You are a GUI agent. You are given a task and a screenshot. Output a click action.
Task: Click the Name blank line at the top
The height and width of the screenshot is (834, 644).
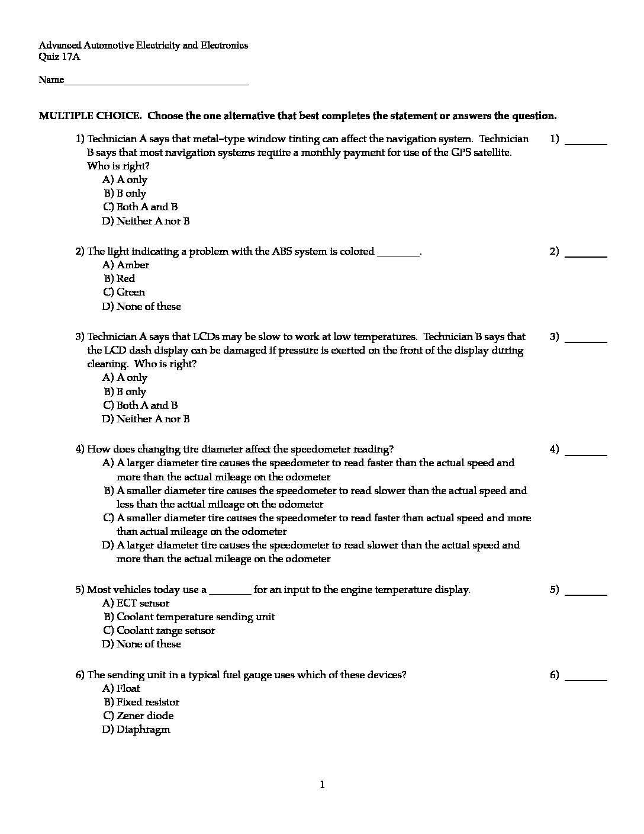pos(156,83)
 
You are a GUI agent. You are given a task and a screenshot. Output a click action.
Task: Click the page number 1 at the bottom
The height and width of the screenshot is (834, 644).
pos(322,785)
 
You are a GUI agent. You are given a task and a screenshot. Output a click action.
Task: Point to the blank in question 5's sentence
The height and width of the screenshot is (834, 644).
pos(230,592)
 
